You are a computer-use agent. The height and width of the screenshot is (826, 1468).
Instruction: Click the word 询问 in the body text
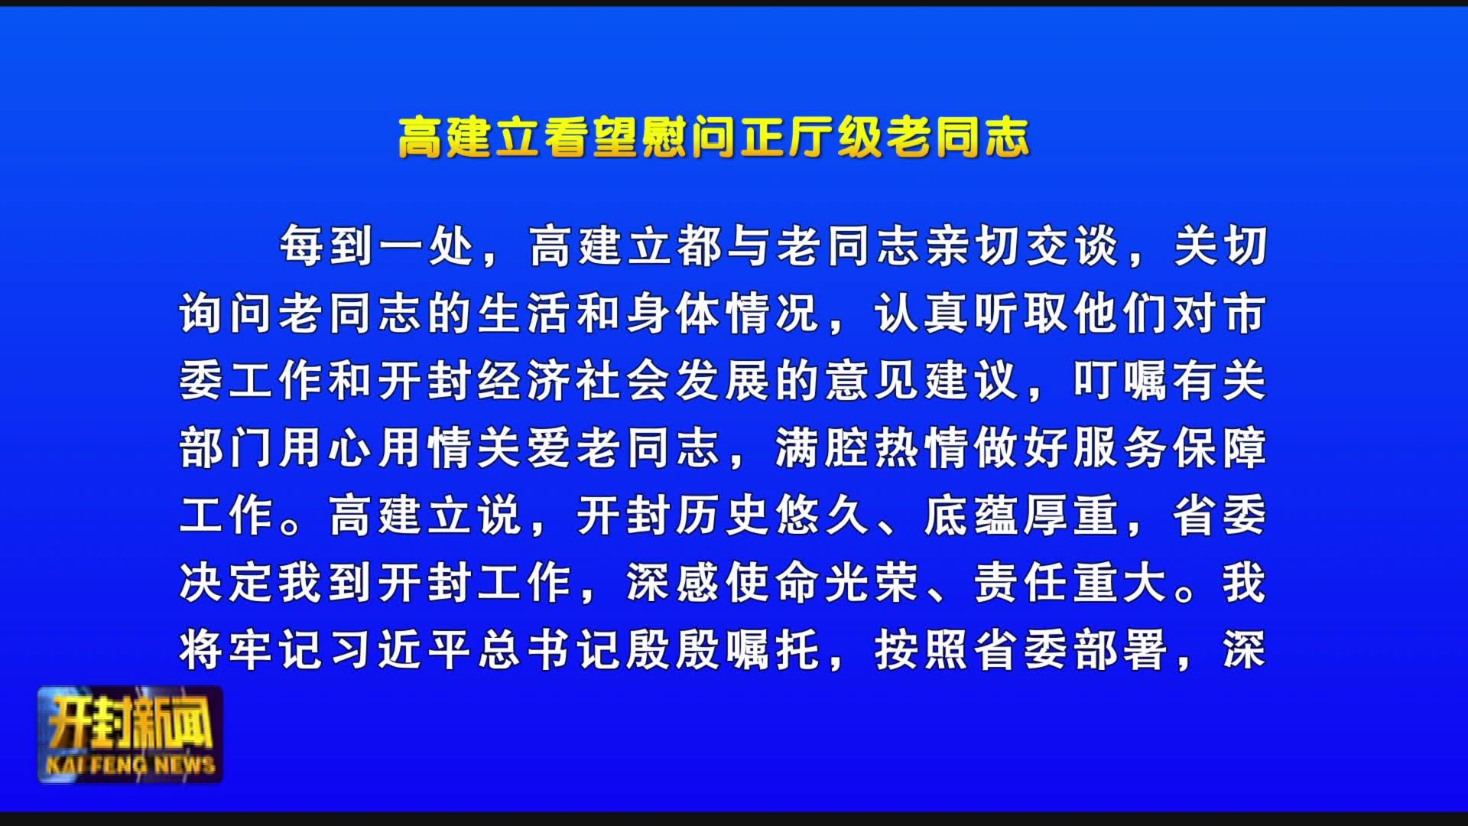pos(228,314)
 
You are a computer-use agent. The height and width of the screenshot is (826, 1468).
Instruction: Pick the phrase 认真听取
pos(973,314)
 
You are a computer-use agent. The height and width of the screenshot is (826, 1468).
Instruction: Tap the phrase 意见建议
pos(923,381)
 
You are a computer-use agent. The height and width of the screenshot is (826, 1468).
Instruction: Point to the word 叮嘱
pos(1122,381)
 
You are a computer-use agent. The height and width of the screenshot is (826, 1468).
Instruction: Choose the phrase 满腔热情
pos(873,448)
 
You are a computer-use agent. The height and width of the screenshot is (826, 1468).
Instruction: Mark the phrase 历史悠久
pos(774,515)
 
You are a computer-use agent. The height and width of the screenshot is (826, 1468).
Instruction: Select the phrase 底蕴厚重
pos(1022,515)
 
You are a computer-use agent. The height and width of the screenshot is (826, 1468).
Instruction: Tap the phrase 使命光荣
pos(823,583)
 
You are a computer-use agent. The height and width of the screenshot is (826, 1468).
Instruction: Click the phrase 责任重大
pos(1072,583)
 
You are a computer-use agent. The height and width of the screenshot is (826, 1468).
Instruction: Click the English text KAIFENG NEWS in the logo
pos(131,765)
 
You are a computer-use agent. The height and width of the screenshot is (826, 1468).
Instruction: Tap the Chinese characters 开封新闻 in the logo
pos(131,722)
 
